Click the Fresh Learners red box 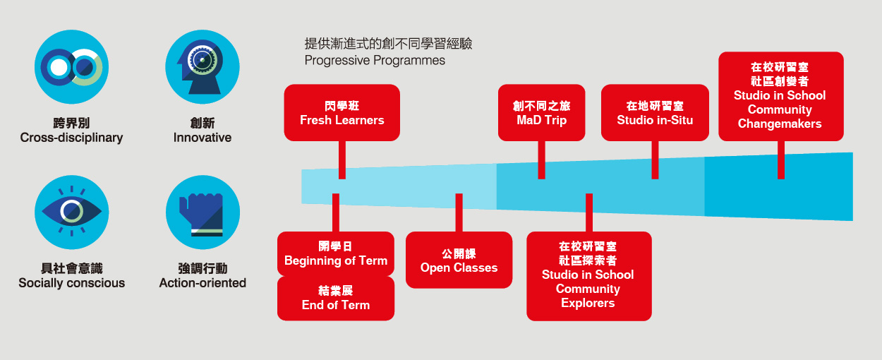342,113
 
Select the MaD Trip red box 541,113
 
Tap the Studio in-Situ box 655,113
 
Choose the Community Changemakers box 780,96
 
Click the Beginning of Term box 336,253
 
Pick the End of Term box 336,298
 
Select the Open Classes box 459,260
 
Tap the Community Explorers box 588,276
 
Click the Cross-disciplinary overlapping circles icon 71,66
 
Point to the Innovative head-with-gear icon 203,66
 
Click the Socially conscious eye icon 71,211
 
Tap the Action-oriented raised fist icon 203,212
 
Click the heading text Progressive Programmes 375,61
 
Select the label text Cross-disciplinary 71,138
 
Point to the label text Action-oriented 203,283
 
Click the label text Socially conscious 71,283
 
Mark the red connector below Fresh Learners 342,160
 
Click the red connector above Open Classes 459,212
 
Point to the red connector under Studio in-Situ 655,160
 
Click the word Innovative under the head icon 203,138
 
